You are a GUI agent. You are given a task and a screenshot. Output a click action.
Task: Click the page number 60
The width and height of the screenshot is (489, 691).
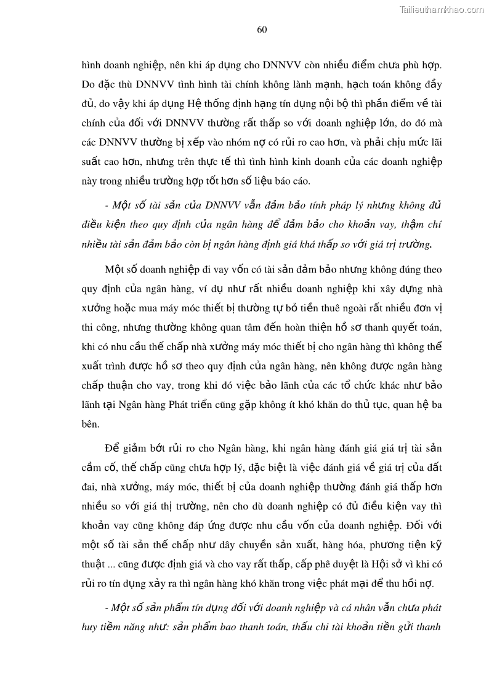coord(262,29)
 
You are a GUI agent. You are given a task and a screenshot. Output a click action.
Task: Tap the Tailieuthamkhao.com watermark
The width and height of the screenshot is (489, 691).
coord(442,9)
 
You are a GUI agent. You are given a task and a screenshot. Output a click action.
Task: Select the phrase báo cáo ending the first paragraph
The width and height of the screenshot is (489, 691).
coord(294,181)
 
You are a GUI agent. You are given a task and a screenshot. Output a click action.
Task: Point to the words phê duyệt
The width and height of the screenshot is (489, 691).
coord(309,564)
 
